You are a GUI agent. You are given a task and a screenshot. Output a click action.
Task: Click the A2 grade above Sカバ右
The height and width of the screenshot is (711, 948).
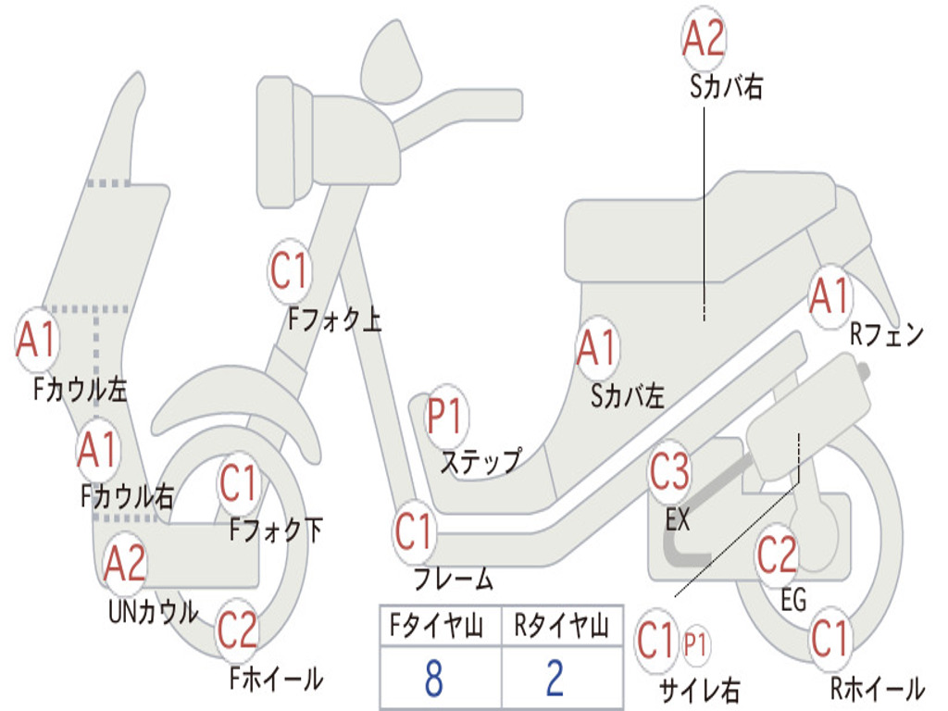tap(704, 38)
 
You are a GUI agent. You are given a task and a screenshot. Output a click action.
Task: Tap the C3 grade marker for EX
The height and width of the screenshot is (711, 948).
tap(669, 471)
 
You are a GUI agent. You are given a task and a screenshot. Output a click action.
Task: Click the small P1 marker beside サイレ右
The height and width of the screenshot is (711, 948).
tap(695, 644)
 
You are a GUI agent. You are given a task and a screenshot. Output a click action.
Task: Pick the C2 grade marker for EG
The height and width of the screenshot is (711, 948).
tap(777, 555)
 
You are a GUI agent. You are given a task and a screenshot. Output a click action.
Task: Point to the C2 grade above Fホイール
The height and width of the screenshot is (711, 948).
tap(238, 630)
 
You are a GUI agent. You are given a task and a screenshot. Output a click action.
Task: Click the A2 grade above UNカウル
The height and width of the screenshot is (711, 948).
tap(125, 562)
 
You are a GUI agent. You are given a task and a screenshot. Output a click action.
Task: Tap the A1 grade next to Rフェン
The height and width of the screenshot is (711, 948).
tap(830, 296)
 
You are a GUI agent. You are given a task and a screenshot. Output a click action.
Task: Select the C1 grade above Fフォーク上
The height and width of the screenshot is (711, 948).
tap(290, 270)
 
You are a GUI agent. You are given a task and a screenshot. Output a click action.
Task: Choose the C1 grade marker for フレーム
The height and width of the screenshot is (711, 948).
tap(415, 531)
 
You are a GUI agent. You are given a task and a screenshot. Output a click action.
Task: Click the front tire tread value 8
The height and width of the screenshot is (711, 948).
tap(433, 678)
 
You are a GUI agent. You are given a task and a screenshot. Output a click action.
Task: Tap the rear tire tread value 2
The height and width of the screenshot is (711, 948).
tap(555, 678)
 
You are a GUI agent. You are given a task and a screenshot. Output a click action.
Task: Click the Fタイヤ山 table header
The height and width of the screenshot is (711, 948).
tap(436, 626)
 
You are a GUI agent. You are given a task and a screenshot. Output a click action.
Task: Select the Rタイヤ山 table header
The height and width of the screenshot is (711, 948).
tap(561, 626)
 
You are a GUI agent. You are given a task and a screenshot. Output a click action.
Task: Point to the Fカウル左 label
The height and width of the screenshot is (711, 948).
tap(81, 390)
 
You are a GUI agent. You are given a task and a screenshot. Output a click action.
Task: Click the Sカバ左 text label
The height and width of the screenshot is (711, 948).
tap(628, 396)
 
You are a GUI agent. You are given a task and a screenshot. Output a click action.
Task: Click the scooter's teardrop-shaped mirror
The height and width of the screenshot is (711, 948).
tap(391, 62)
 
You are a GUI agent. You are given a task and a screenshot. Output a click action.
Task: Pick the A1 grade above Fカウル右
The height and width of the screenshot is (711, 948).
tap(98, 450)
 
